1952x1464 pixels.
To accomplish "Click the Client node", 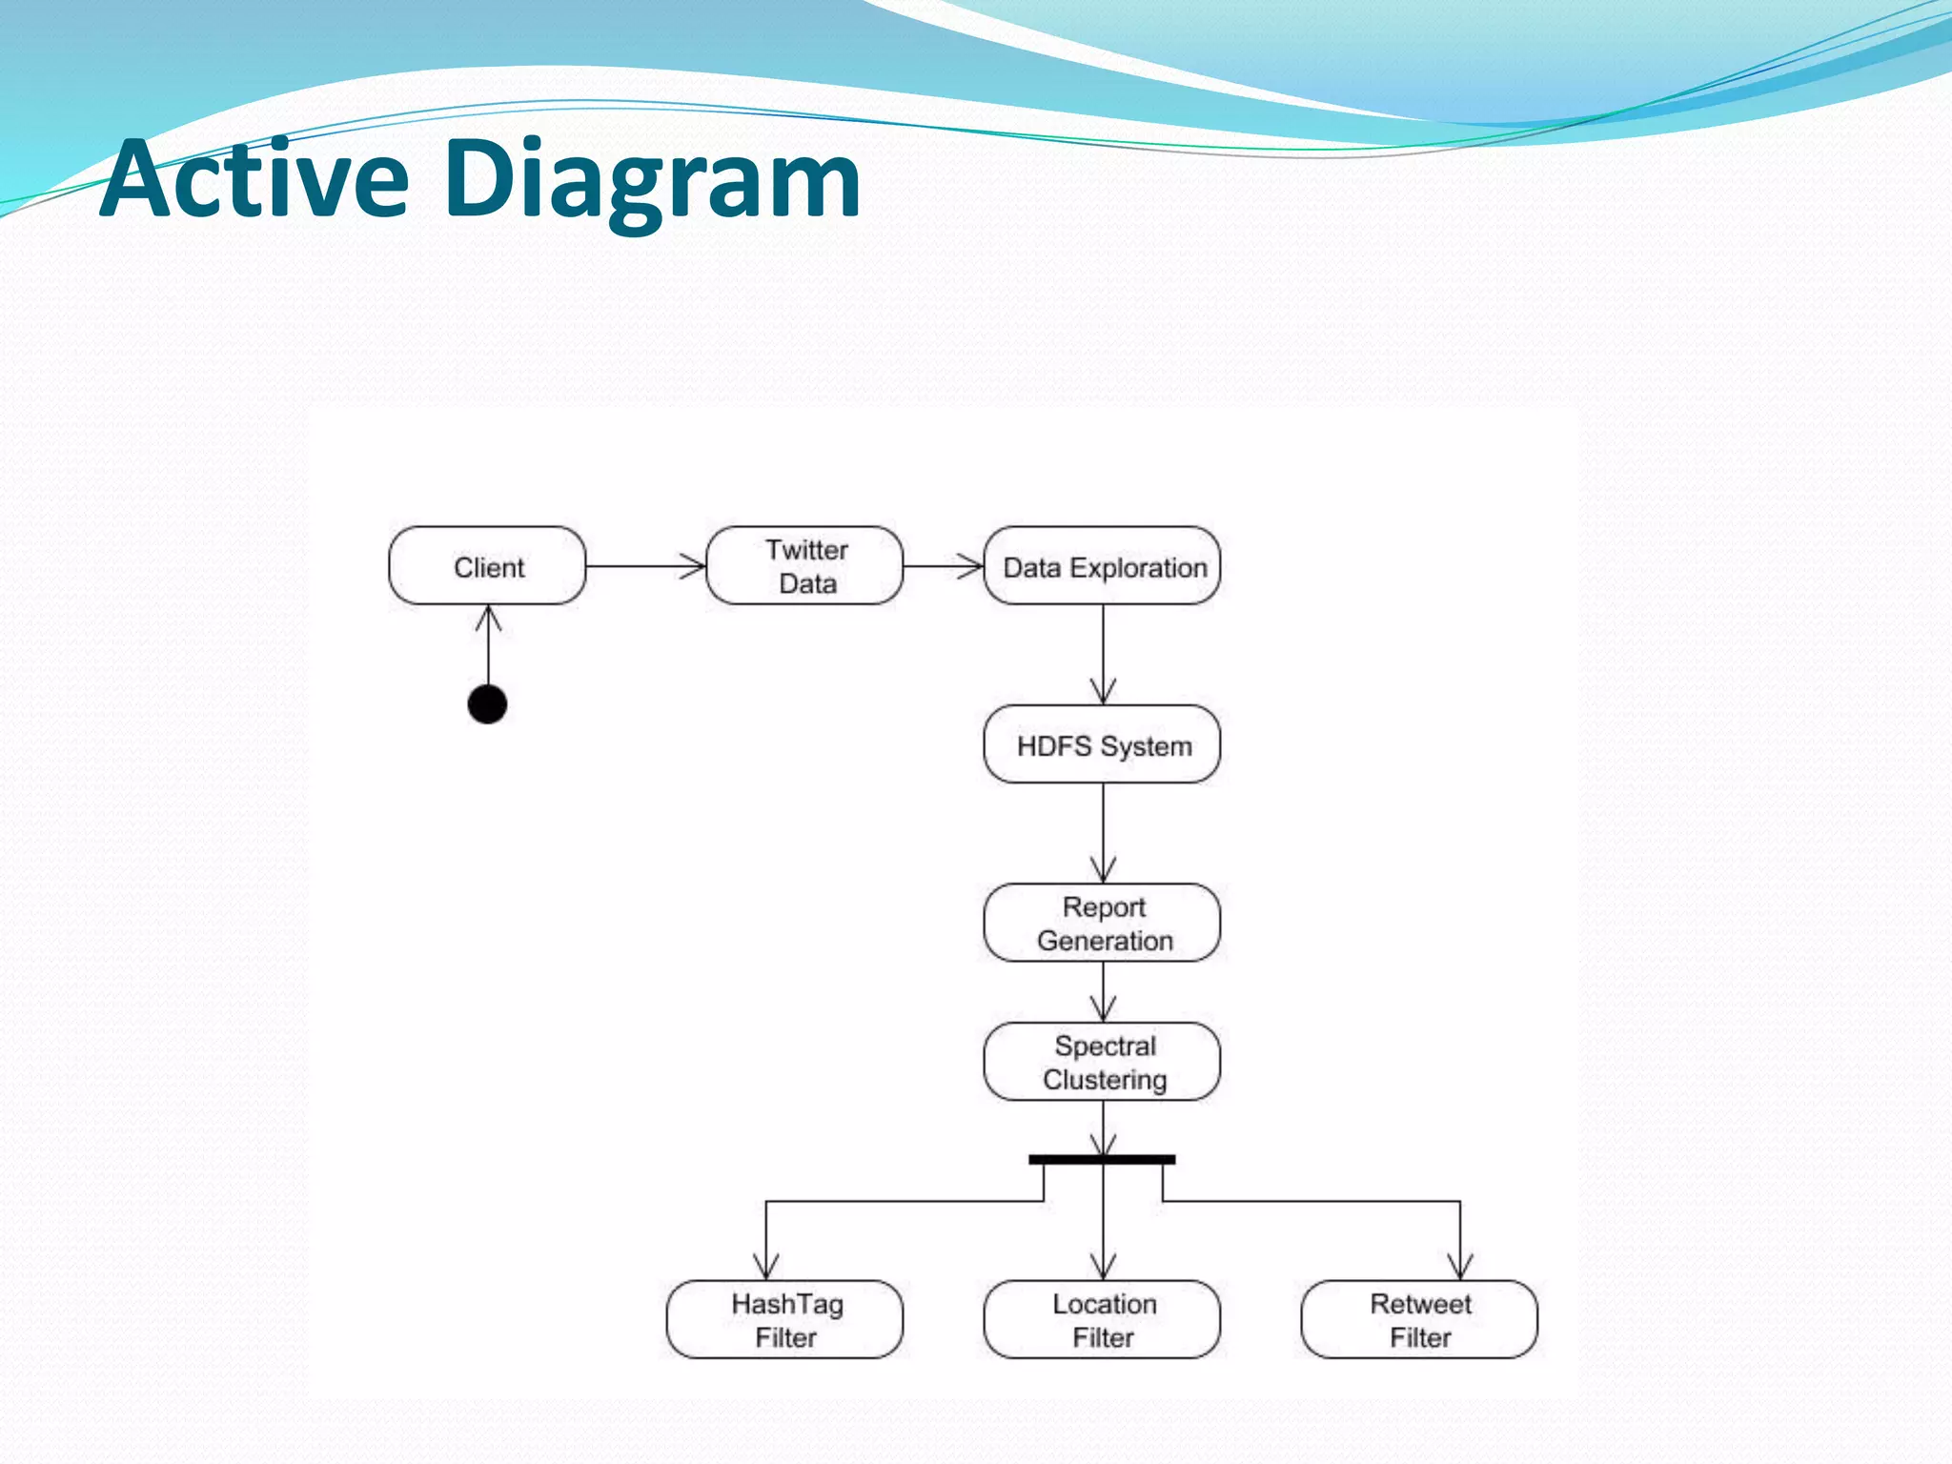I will pos(487,566).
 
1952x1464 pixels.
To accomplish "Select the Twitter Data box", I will pos(804,566).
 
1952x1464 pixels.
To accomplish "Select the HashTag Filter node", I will pos(784,1319).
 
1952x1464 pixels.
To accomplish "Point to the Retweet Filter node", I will pos(1419,1319).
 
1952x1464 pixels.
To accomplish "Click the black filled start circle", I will pos(487,704).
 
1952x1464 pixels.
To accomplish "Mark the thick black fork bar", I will pos(1102,1160).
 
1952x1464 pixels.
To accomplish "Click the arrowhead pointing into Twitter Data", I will pos(694,566).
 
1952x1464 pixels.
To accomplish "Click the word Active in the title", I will pos(254,179).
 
